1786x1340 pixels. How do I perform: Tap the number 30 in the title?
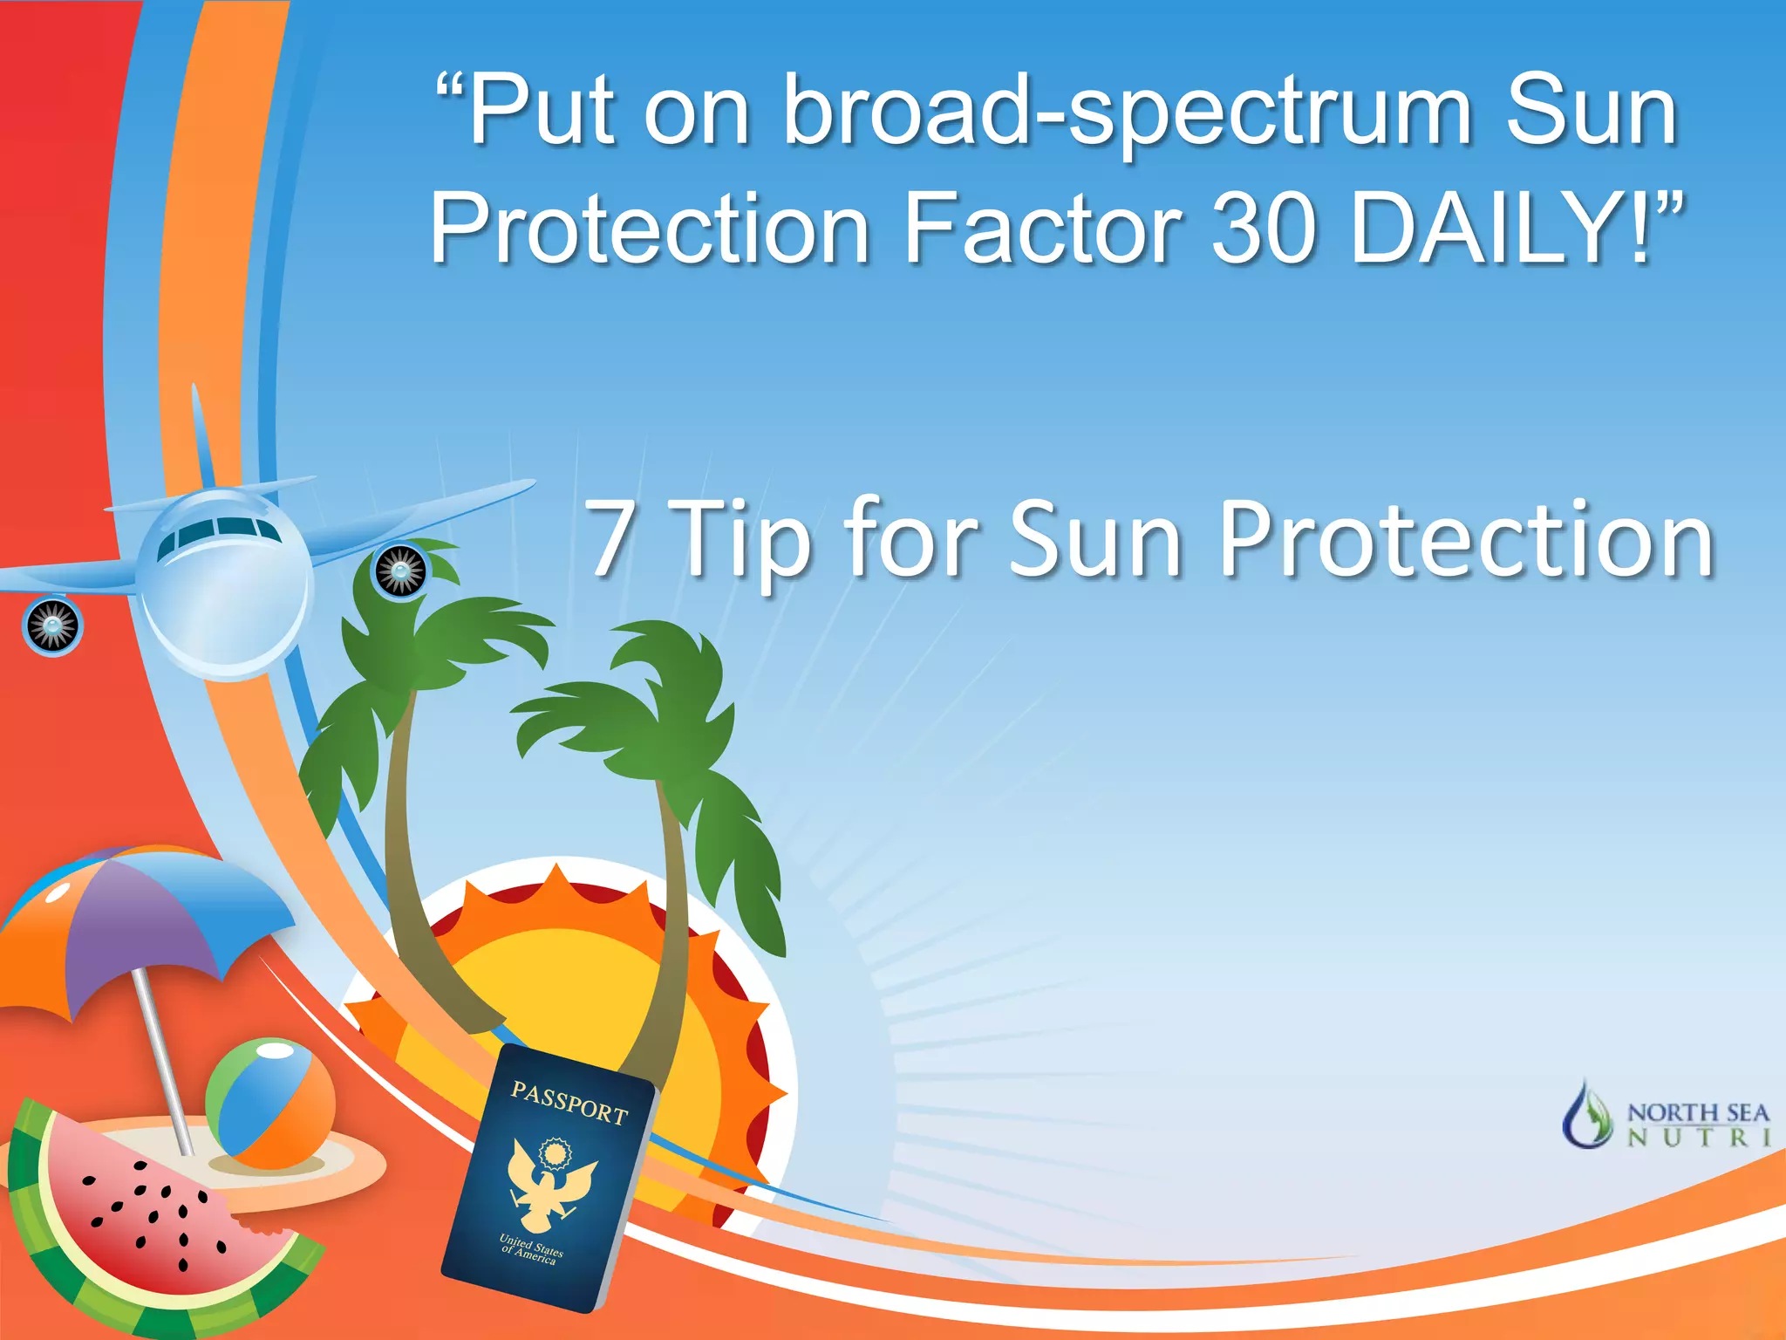(1263, 229)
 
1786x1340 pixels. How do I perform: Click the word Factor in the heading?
(1043, 229)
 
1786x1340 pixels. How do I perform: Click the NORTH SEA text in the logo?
(1698, 1113)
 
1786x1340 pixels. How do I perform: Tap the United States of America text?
(531, 1248)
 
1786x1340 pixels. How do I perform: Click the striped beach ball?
(270, 1103)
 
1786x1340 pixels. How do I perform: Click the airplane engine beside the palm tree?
(400, 571)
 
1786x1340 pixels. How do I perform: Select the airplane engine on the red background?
(52, 625)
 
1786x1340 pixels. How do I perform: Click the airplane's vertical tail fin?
(201, 436)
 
